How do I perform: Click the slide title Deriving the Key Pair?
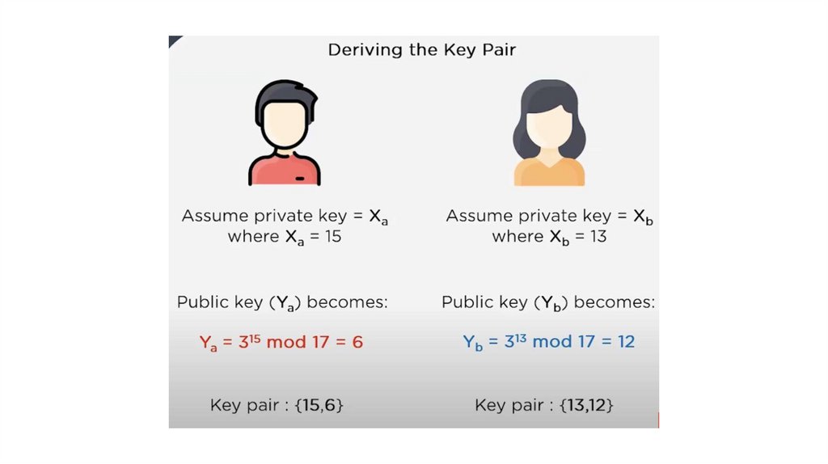coord(421,50)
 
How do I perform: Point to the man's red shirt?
coord(283,171)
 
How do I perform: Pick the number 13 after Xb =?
coord(597,236)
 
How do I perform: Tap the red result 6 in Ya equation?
coord(357,342)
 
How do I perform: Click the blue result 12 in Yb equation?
coord(625,342)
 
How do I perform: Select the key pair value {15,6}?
coord(319,406)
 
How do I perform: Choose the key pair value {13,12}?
coord(586,406)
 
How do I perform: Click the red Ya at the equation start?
coord(209,344)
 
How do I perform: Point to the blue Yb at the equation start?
coord(473,344)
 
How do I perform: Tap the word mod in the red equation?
coord(286,342)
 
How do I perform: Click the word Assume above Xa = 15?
coord(212,216)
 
